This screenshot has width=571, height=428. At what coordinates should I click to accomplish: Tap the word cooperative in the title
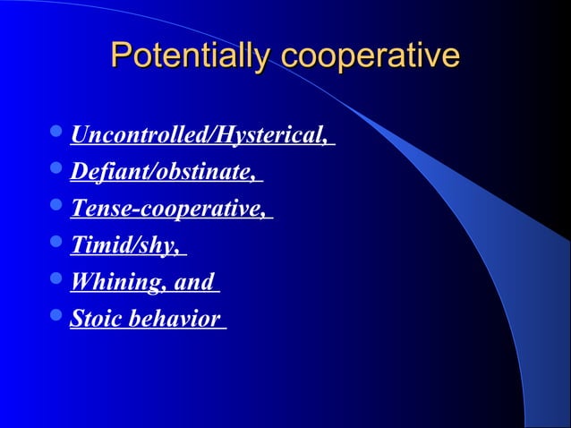pos(370,56)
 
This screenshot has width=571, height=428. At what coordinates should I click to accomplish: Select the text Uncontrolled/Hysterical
pos(198,136)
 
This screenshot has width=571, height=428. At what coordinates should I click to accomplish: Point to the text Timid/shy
pos(124,245)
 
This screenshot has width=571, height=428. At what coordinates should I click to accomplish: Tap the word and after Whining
pos(194,282)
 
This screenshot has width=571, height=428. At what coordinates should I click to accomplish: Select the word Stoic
pos(97,319)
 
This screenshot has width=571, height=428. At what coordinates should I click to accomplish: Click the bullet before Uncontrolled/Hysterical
pos(56,136)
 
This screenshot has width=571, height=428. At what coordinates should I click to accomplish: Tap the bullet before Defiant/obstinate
pos(56,172)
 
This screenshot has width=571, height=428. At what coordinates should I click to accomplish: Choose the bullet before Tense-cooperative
pos(56,209)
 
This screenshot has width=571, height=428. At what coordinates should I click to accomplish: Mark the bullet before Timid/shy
pos(56,245)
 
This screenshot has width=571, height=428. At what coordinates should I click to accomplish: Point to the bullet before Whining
pos(56,282)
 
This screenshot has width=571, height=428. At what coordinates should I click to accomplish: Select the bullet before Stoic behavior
pos(56,319)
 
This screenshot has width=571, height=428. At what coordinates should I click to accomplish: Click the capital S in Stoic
pos(77,319)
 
